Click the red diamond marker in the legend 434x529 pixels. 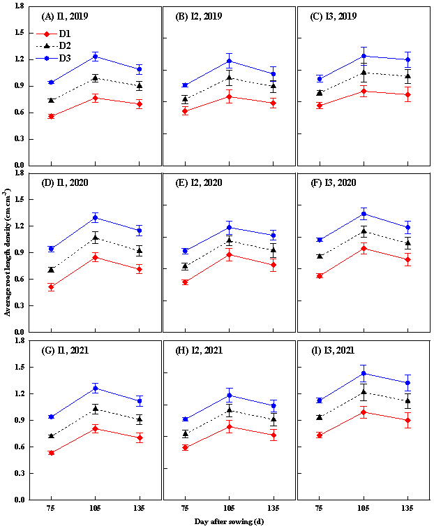(47, 34)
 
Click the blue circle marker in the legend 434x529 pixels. (47, 58)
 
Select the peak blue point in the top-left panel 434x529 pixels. (96, 56)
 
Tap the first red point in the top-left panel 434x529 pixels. (51, 116)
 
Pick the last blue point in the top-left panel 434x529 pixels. (140, 68)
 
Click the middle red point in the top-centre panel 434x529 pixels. (229, 96)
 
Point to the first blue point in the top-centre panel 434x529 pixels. (185, 85)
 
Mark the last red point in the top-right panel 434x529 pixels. (407, 94)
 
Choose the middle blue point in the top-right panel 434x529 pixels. (364, 56)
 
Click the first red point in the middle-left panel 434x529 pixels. (51, 287)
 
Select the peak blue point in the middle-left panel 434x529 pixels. (96, 217)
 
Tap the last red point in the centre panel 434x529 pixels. (274, 265)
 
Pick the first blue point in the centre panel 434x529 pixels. (185, 250)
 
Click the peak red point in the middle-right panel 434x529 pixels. (364, 248)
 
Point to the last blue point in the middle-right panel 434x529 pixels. (407, 227)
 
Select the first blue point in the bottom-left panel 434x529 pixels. (51, 416)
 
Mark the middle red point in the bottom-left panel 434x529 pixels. (96, 428)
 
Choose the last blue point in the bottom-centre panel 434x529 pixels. (274, 405)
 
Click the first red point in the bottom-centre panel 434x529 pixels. (185, 447)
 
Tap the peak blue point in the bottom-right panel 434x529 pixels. (364, 373)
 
